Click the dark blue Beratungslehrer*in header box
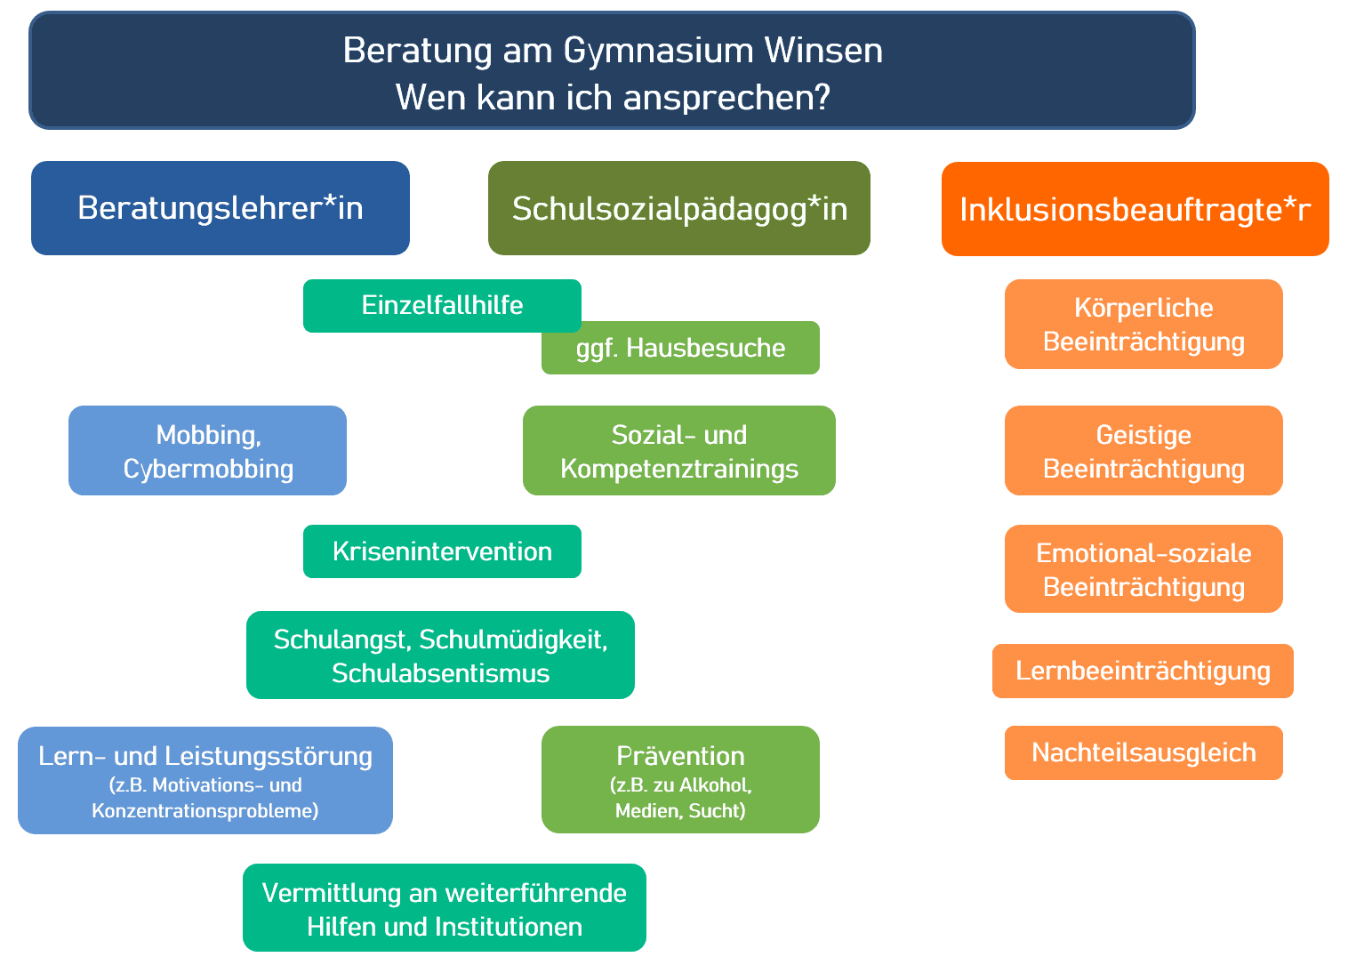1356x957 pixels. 220,208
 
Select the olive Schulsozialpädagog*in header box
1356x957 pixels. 678,208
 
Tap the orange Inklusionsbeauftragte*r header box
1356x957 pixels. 1135,209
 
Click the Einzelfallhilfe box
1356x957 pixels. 442,305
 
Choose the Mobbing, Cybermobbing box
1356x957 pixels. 207,451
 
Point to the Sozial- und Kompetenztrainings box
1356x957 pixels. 678,451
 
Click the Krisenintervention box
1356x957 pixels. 442,551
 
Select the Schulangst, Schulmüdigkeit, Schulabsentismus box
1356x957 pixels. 440,655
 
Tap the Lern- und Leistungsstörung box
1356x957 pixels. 205,780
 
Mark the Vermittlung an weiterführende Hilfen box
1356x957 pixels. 444,908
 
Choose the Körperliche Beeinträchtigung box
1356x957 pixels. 1143,325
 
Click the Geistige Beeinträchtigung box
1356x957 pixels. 1143,451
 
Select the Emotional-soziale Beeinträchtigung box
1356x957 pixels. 1143,569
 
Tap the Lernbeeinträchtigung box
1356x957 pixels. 1143,671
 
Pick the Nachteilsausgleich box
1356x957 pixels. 1143,752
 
